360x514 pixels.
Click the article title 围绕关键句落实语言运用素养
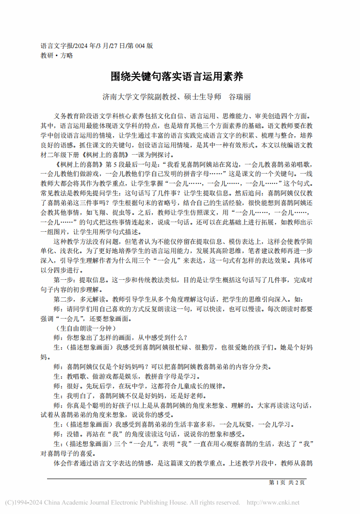click(x=180, y=77)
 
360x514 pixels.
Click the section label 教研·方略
click(x=57, y=55)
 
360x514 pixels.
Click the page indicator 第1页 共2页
click(x=286, y=482)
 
